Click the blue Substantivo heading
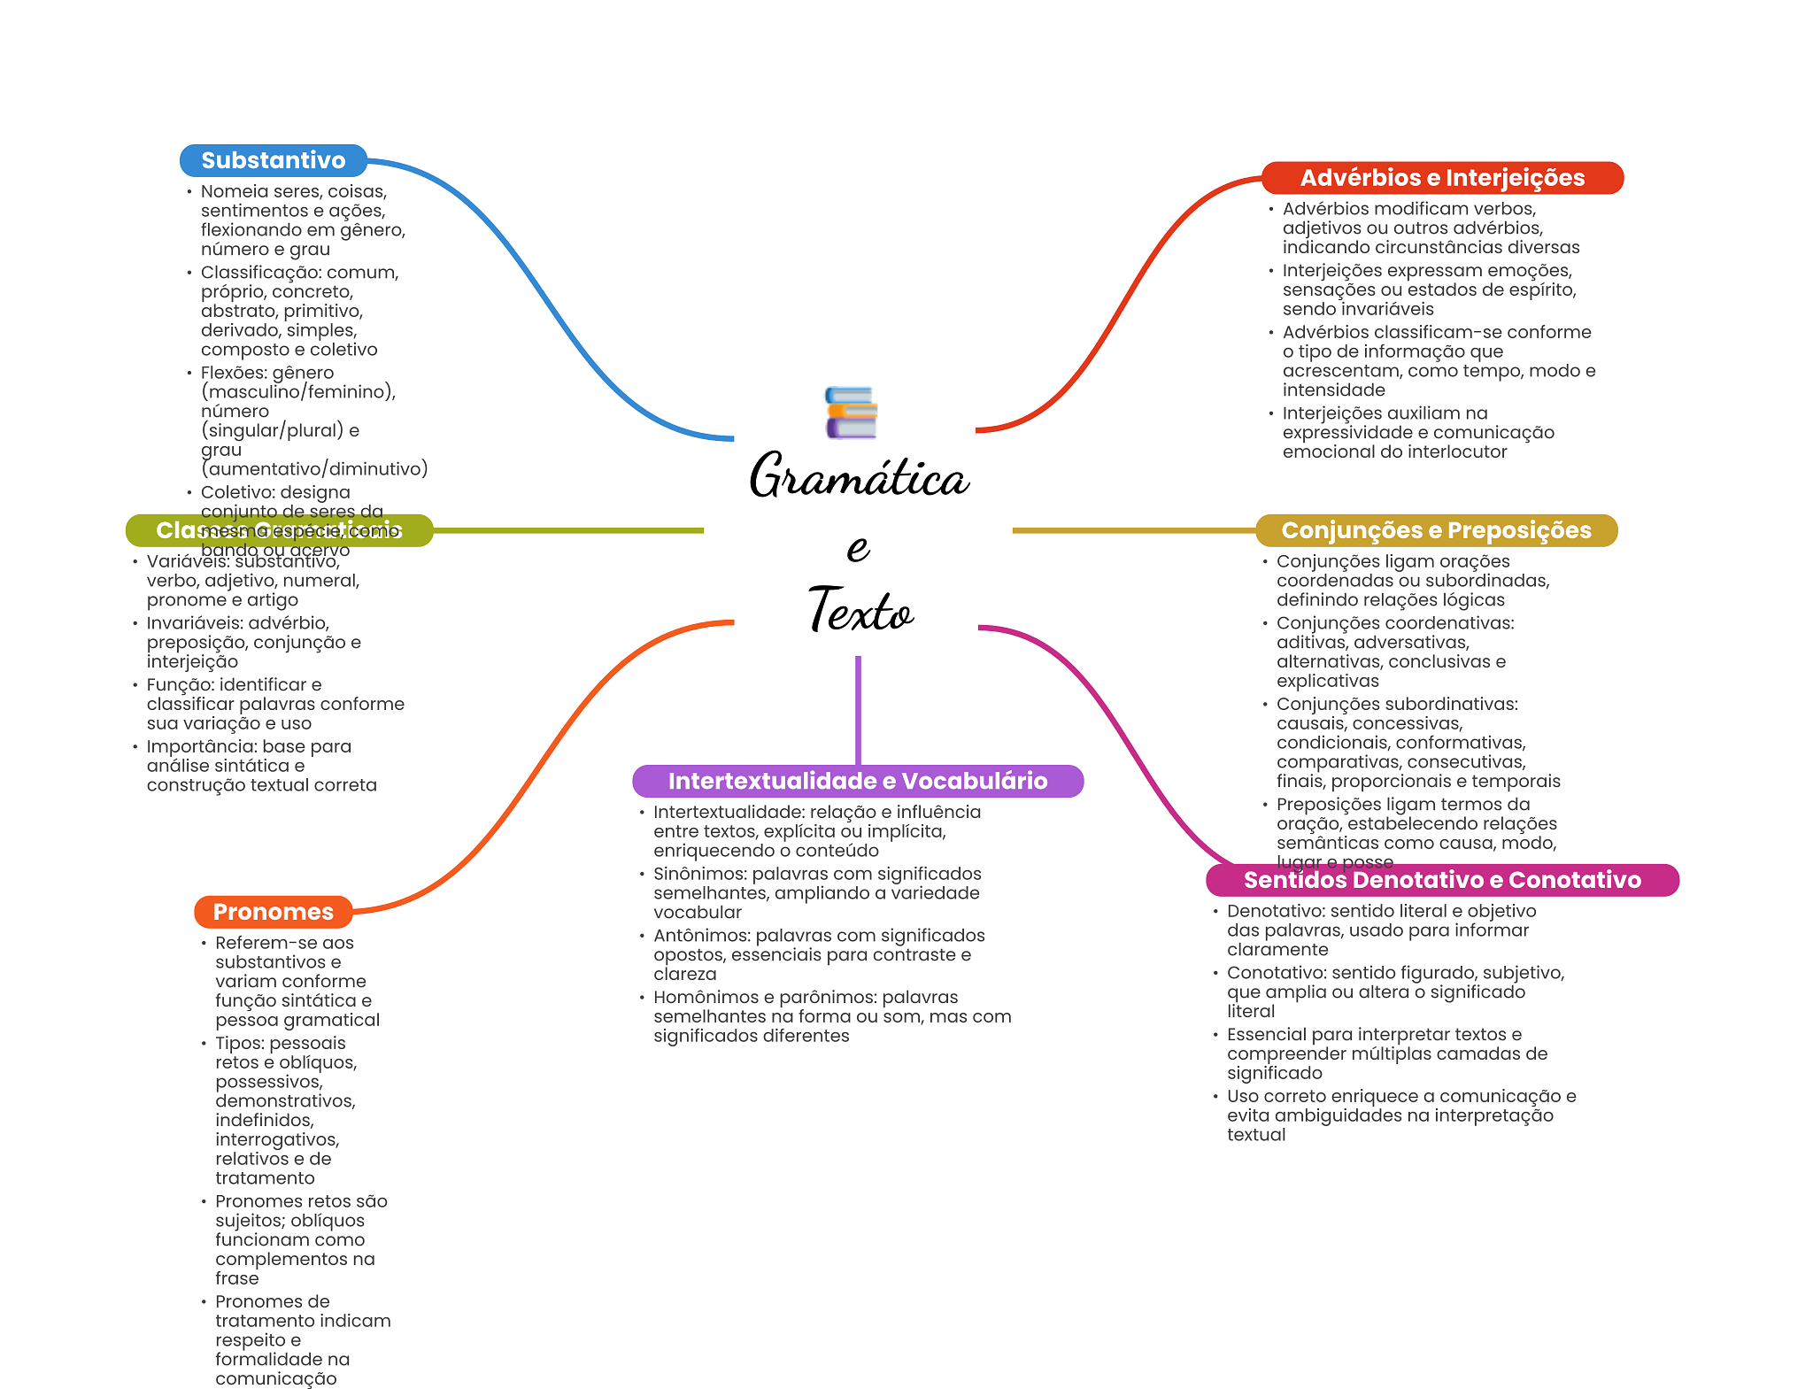click(273, 160)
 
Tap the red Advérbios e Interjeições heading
click(1442, 178)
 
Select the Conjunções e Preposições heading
click(1436, 530)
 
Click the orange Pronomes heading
click(273, 912)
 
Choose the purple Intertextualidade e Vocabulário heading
click(857, 781)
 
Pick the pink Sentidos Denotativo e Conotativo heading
click(1442, 880)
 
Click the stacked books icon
click(851, 413)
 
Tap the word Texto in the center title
click(860, 610)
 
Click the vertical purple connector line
click(858, 708)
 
